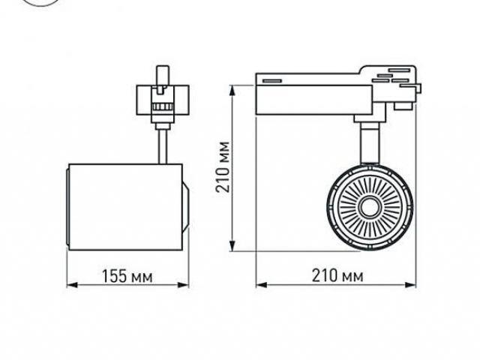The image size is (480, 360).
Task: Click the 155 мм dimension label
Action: click(x=127, y=276)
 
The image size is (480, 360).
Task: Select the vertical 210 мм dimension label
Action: click(x=223, y=167)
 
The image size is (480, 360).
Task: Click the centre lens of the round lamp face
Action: click(x=370, y=208)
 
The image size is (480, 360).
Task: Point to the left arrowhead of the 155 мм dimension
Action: click(x=72, y=285)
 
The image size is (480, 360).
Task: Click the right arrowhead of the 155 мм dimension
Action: click(x=183, y=285)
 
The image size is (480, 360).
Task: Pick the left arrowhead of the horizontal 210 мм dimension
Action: click(x=262, y=285)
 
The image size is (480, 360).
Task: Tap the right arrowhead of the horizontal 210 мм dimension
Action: click(x=410, y=285)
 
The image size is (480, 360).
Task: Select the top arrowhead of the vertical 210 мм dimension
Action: click(x=233, y=91)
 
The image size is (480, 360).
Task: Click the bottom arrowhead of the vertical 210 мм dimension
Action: click(x=233, y=245)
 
